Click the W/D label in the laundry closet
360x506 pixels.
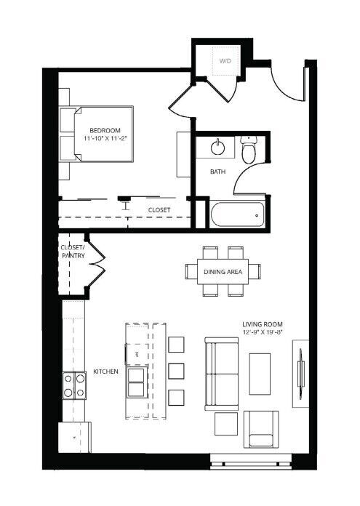pyautogui.click(x=225, y=60)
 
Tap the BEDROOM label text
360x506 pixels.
pyautogui.click(x=105, y=130)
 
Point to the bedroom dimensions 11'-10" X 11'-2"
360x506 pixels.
pyautogui.click(x=105, y=138)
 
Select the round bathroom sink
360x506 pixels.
pyautogui.click(x=217, y=148)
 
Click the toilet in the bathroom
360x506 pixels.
pyautogui.click(x=249, y=150)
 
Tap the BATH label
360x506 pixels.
pyautogui.click(x=218, y=172)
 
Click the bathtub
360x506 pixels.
pyautogui.click(x=237, y=214)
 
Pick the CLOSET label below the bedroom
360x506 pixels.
pyautogui.click(x=159, y=210)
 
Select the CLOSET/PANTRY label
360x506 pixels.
pyautogui.click(x=73, y=252)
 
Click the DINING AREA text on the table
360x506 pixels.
pyautogui.click(x=223, y=272)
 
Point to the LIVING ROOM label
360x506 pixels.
pyautogui.click(x=263, y=324)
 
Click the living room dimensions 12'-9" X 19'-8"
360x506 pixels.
pyautogui.click(x=263, y=332)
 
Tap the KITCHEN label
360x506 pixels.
pyautogui.click(x=105, y=372)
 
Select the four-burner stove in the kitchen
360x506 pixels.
pyautogui.click(x=74, y=385)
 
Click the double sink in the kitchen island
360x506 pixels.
pyautogui.click(x=137, y=382)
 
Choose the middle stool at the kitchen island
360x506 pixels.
pyautogui.click(x=176, y=371)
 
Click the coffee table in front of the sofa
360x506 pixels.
pyautogui.click(x=260, y=374)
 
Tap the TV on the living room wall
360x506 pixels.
pyautogui.click(x=301, y=373)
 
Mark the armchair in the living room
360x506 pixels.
pyautogui.click(x=261, y=429)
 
